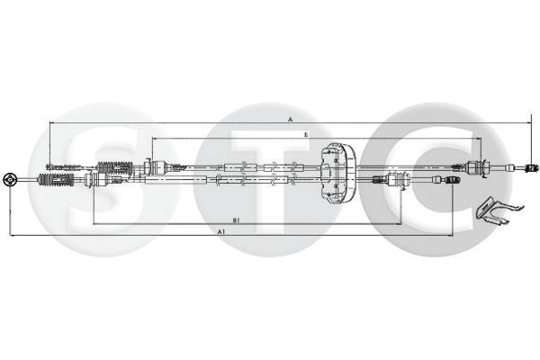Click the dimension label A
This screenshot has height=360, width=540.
tap(291, 118)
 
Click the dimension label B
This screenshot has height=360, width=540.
tap(305, 134)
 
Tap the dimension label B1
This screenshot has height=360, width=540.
tap(236, 219)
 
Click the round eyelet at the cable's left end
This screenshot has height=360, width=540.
tap(10, 178)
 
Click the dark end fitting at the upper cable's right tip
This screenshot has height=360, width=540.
tap(531, 168)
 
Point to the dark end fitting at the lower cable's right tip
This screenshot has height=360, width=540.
tap(453, 181)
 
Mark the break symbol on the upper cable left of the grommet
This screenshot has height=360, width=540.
tap(270, 167)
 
